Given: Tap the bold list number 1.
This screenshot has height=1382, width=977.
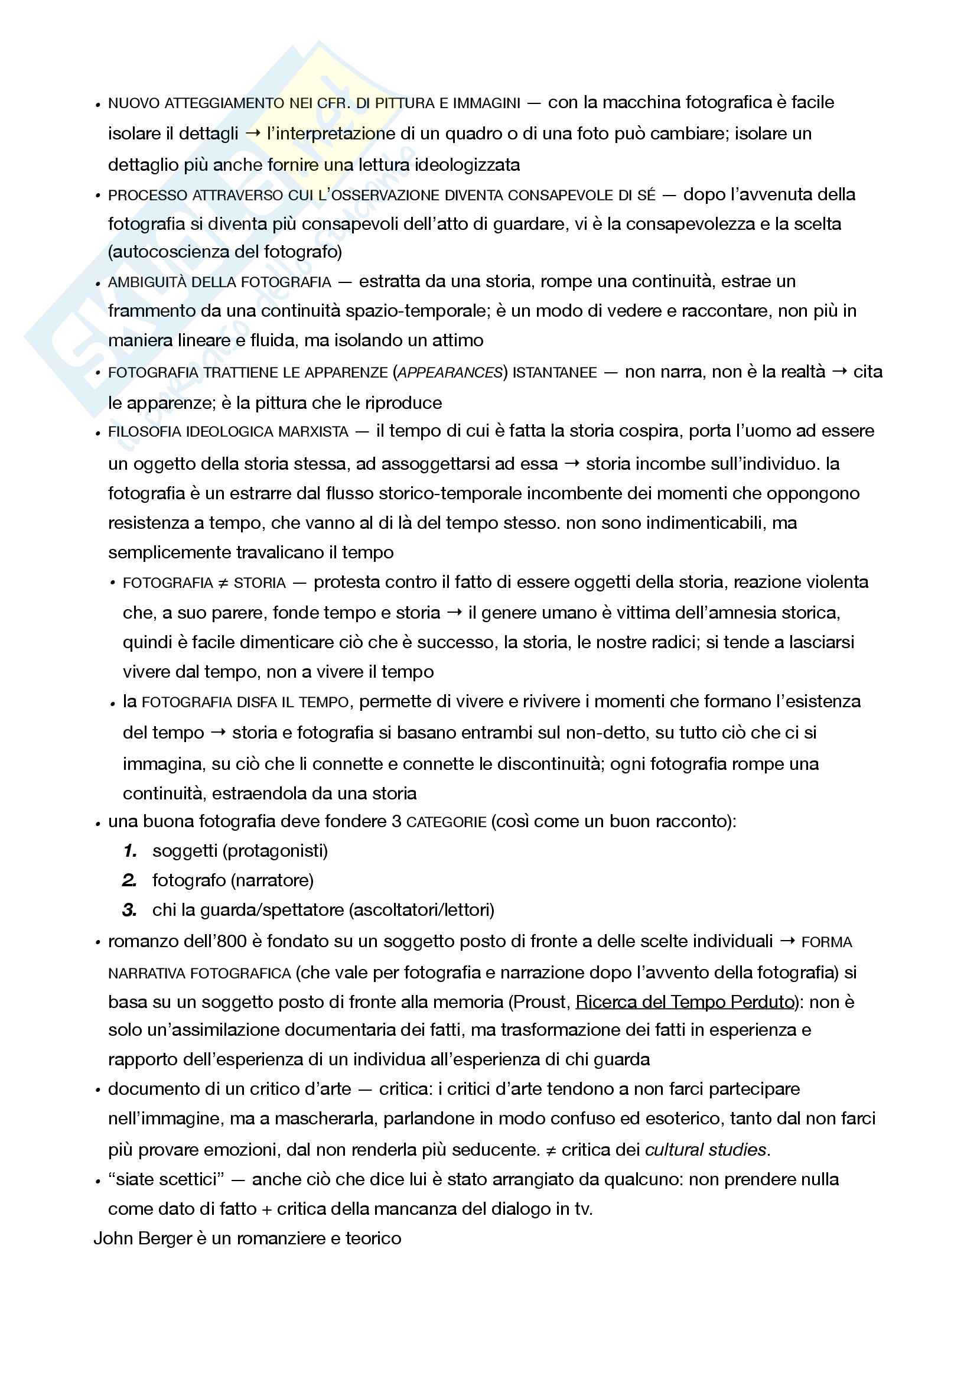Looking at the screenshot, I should (131, 851).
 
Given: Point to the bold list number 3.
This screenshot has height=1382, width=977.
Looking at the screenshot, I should (130, 910).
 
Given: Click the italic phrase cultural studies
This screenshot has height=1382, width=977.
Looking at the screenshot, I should (706, 1150).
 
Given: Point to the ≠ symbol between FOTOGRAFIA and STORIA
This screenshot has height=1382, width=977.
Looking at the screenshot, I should (223, 583).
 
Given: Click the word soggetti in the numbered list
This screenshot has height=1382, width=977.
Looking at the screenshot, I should (185, 851).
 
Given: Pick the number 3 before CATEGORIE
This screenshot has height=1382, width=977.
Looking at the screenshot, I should (396, 822).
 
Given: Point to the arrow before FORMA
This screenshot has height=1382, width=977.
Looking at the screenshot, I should (787, 941).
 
